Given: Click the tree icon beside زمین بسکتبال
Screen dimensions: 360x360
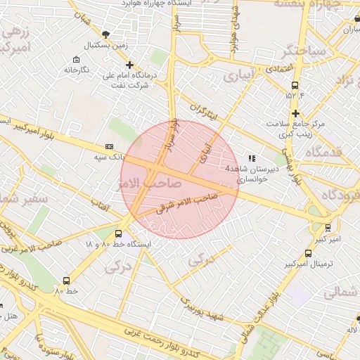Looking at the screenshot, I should coord(105,34).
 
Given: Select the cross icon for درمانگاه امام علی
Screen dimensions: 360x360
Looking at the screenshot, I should coord(129,65).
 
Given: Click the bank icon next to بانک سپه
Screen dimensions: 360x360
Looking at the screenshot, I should coord(109,146).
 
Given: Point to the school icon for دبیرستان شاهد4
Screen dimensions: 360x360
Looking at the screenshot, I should coord(252,158).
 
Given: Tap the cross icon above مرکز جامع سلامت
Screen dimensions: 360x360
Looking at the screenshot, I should coord(295,113).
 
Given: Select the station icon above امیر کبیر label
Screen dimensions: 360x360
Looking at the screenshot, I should coord(328,228).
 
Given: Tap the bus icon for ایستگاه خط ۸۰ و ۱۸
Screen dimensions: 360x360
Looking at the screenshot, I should coord(118,233).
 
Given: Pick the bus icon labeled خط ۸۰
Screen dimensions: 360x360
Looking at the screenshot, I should coord(67,280).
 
